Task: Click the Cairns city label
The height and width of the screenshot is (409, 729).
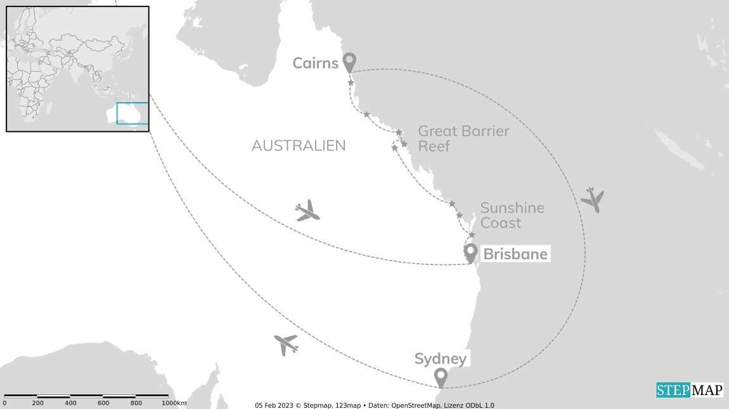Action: [x=315, y=63]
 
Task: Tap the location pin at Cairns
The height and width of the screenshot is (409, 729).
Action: [x=349, y=62]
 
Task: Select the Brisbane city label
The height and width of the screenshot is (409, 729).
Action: [x=515, y=254]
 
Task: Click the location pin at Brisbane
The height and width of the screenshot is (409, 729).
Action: [x=470, y=252]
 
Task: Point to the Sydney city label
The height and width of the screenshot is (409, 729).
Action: [x=441, y=359]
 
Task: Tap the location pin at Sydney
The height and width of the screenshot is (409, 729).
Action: [x=441, y=377]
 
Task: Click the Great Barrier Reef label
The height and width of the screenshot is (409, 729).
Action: [x=463, y=138]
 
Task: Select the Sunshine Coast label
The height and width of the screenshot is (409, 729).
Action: [x=512, y=215]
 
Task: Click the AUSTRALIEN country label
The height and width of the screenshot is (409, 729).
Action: [x=299, y=146]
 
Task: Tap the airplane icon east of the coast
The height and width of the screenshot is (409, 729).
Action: [x=592, y=200]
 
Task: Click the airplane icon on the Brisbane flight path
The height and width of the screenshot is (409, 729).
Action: [x=308, y=211]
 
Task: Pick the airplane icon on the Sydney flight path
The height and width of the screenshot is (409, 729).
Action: [x=286, y=344]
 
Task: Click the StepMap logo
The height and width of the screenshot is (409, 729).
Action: [x=689, y=390]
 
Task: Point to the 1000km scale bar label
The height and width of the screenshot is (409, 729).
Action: [x=174, y=403]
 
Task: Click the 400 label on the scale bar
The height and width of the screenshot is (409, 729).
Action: [x=70, y=403]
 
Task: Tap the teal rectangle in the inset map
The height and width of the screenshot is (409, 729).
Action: [x=132, y=114]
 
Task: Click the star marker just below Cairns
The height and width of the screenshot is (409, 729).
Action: [x=351, y=83]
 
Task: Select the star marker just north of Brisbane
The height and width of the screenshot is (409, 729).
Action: [x=472, y=235]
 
